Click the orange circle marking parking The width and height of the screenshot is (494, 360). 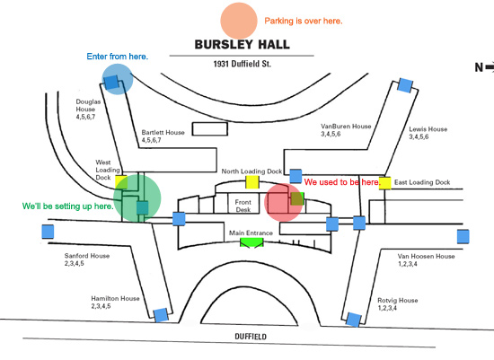click(239, 21)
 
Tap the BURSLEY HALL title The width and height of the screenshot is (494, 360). click(242, 44)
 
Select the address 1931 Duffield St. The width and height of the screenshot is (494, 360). click(242, 64)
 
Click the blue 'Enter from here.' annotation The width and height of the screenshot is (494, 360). click(117, 57)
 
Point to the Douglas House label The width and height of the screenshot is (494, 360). click(88, 109)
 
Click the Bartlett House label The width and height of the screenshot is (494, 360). click(163, 136)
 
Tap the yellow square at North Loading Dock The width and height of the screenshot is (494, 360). click(252, 182)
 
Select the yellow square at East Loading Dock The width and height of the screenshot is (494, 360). click(384, 183)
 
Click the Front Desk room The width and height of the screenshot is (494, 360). click(243, 206)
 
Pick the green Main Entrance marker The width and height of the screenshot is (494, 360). click(251, 242)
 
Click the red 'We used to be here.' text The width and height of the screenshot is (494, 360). click(342, 182)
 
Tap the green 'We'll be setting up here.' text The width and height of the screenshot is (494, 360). click(67, 206)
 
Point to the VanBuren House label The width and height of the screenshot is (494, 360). click(346, 130)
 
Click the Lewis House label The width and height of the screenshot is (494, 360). click(428, 133)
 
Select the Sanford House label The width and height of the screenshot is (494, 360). click(87, 259)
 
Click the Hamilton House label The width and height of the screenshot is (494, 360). click(115, 302)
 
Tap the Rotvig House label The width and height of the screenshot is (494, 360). click(398, 304)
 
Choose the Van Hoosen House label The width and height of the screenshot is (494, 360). click(426, 259)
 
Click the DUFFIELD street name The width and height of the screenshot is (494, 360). click(251, 337)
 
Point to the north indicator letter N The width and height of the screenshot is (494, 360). click(479, 67)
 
